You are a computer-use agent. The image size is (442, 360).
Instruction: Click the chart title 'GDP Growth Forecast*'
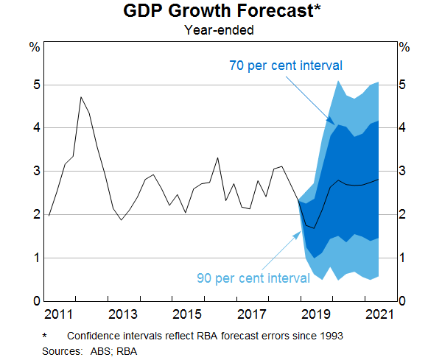tap(221, 13)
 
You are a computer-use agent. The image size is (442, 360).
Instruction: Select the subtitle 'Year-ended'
tap(221, 30)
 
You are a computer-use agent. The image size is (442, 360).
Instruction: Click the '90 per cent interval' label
tap(253, 278)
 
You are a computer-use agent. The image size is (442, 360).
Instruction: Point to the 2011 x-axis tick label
tap(57, 315)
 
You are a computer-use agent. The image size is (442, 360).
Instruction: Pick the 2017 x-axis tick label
tap(253, 315)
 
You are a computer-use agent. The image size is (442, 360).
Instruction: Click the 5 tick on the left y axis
tap(35, 85)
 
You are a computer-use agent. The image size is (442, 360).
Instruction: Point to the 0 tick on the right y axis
tap(404, 301)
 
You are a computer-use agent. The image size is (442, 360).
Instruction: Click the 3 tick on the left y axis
tap(35, 172)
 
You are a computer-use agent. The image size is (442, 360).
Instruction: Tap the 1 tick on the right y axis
tap(404, 258)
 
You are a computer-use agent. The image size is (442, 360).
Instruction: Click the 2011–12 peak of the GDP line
tap(81, 96)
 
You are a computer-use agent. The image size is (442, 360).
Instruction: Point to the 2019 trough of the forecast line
tap(315, 228)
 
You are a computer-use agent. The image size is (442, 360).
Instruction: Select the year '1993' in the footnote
tap(328, 336)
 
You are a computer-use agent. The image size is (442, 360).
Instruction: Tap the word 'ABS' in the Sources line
tap(97, 351)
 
